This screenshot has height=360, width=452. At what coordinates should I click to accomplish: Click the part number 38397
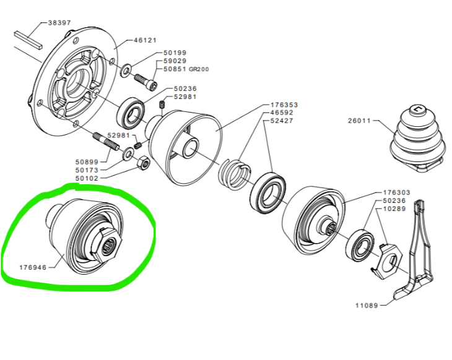[x=59, y=23]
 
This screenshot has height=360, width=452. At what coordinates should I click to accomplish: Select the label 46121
[x=145, y=40]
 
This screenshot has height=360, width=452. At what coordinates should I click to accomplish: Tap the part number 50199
[x=175, y=53]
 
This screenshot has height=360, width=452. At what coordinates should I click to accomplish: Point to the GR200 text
[x=199, y=69]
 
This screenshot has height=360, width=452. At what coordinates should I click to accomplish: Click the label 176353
[x=284, y=105]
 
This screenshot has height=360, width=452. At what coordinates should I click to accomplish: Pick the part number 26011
[x=359, y=121]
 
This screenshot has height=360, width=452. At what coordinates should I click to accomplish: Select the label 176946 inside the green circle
[x=33, y=268]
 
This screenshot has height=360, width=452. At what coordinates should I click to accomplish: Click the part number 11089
[x=367, y=306]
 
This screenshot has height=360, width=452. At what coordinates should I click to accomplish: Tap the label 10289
[x=394, y=208]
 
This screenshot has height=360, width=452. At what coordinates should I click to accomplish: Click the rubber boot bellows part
[x=414, y=138]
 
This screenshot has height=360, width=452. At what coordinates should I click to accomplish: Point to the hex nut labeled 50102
[x=143, y=163]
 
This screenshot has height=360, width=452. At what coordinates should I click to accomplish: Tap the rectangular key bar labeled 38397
[x=28, y=40]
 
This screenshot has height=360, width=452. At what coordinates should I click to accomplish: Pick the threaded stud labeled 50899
[x=106, y=142]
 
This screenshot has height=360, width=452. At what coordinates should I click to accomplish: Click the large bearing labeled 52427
[x=267, y=192]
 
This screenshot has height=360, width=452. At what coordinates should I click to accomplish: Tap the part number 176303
[x=396, y=192]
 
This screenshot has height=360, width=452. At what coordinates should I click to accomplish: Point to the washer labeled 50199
[x=126, y=71]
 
